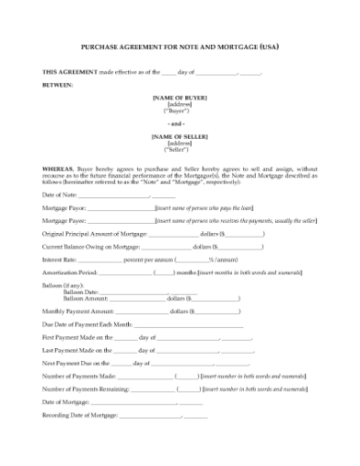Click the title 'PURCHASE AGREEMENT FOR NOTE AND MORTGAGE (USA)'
coord(180,46)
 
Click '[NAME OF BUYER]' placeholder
coord(180,97)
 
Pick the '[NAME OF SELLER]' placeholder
coord(180,136)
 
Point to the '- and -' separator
coord(180,123)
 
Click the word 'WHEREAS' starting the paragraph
coord(61,170)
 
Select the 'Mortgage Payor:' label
coord(64,208)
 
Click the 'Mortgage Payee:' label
coord(64,221)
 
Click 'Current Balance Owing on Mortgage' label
coord(91,247)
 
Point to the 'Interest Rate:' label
coord(59,259)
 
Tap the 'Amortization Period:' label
coord(69,272)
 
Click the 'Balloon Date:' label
coord(79,292)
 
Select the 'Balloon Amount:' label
coord(84,299)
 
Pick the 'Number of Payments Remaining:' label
coord(86,388)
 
